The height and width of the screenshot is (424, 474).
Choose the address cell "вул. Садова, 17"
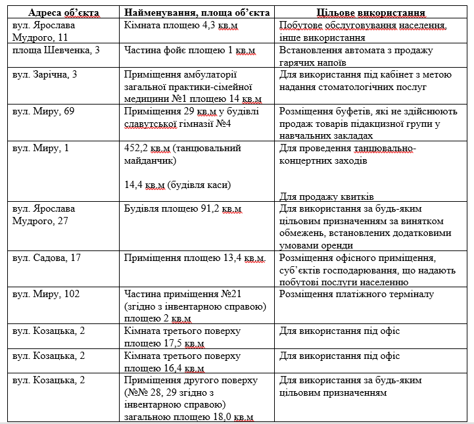pyautogui.click(x=47, y=257)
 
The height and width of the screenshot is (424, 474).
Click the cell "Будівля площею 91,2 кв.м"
pyautogui.click(x=183, y=208)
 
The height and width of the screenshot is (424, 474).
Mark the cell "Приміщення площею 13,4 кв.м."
pyautogui.click(x=195, y=257)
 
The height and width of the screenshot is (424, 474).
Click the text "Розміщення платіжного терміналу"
pyautogui.click(x=356, y=294)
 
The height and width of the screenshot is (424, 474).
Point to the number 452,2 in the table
pyautogui.click(x=137, y=148)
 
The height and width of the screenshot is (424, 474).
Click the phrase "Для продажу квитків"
pyautogui.click(x=326, y=197)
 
